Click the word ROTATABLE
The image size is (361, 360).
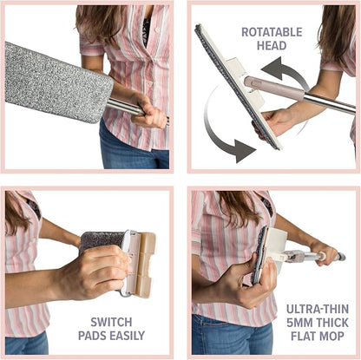pyautogui.click(x=272, y=32)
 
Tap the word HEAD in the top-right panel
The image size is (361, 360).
pyautogui.click(x=272, y=46)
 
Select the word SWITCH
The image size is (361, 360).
pyautogui.click(x=111, y=322)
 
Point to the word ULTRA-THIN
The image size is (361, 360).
pyautogui.click(x=318, y=309)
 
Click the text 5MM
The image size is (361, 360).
pyautogui.click(x=299, y=323)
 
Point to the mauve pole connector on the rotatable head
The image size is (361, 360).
pyautogui.click(x=273, y=86)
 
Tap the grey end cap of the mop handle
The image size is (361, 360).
pyautogui.click(x=341, y=257)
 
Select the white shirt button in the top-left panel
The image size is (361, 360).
pyautogui.click(x=158, y=29)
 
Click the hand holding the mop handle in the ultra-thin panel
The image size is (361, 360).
pyautogui.click(x=323, y=253)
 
